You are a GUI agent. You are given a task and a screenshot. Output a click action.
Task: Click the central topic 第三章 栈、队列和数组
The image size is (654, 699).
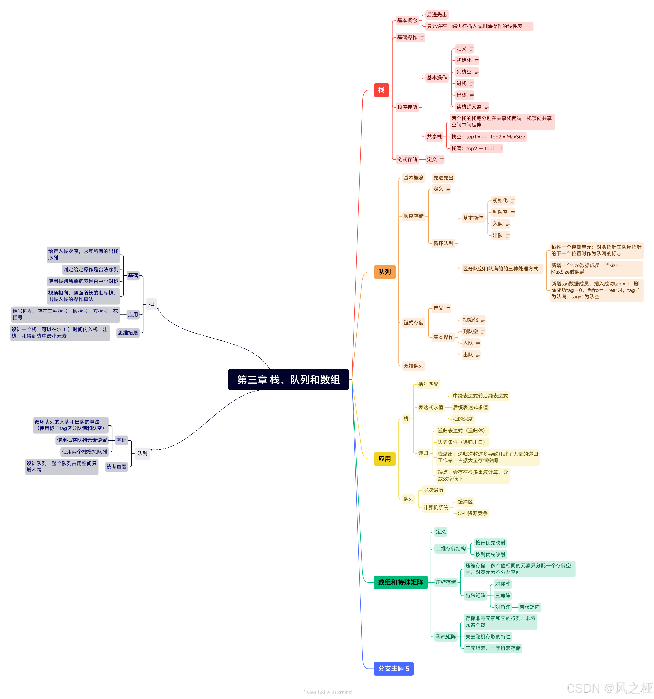click(288, 379)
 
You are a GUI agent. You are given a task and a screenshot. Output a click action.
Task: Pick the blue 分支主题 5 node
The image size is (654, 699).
click(393, 668)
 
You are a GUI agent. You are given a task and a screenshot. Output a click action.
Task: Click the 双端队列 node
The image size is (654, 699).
click(413, 366)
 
